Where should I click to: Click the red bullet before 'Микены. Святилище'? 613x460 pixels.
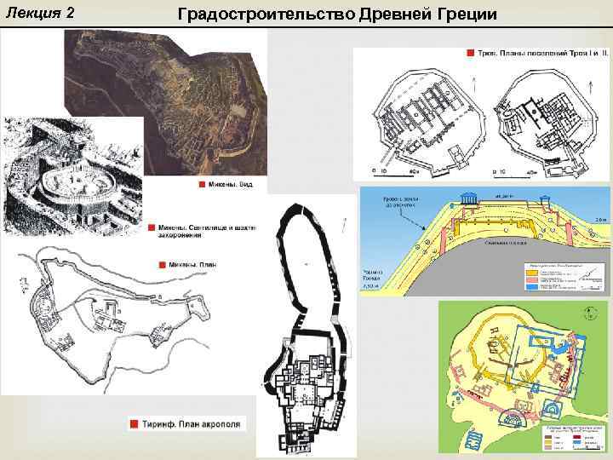(x=150, y=228)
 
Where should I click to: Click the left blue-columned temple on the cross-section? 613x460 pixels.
(x=466, y=200)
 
